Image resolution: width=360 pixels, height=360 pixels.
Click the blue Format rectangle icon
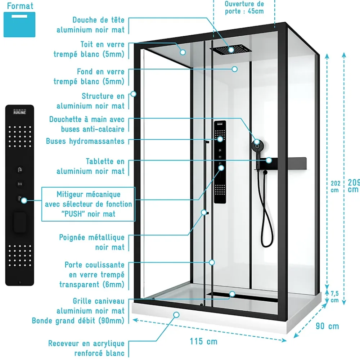click(19, 24)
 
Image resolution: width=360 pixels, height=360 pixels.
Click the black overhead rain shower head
click(231, 49)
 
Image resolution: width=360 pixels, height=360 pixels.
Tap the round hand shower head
click(257, 146)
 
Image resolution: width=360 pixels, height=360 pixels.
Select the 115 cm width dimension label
click(203, 341)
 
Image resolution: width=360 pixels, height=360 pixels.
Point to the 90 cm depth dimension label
click(327, 326)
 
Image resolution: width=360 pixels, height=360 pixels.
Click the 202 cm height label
click(335, 186)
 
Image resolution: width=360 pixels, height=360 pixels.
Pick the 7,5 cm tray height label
click(335, 297)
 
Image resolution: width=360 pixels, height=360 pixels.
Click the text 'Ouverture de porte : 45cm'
click(244, 7)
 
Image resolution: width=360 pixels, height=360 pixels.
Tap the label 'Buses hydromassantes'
click(85, 141)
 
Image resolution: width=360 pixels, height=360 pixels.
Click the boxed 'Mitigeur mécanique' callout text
click(89, 204)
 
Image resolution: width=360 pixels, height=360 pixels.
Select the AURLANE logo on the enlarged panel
click(19, 112)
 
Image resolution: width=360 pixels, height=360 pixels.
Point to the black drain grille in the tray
click(242, 297)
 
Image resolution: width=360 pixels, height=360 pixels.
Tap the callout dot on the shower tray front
click(176, 315)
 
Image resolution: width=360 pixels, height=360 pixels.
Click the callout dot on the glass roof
click(183, 52)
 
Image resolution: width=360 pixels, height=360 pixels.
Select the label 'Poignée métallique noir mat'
click(92, 242)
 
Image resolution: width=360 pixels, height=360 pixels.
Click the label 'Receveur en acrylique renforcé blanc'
click(86, 348)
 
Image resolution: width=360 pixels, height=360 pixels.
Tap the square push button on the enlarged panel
click(20, 222)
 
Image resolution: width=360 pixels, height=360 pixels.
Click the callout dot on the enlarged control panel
click(24, 201)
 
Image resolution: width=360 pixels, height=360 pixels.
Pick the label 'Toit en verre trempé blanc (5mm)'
click(89, 49)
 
